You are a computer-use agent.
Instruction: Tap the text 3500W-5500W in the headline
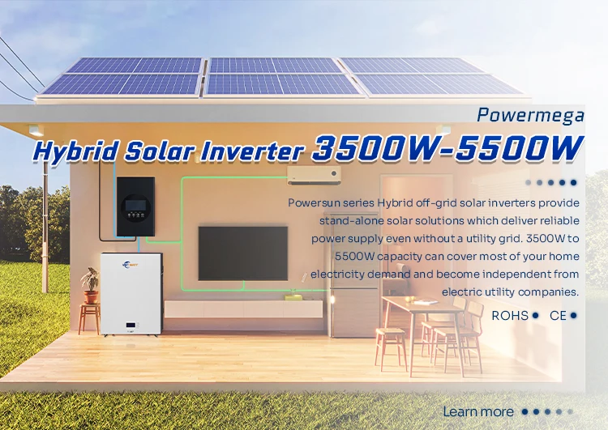pyautogui.click(x=447, y=148)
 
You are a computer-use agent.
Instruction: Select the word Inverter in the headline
pyautogui.click(x=261, y=151)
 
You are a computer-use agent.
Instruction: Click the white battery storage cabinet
pyautogui.click(x=131, y=292)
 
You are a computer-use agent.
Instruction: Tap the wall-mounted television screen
pyautogui.click(x=242, y=253)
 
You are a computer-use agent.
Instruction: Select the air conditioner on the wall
pyautogui.click(x=314, y=173)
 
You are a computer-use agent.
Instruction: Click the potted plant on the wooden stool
pyautogui.click(x=89, y=284)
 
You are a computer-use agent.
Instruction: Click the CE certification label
pyautogui.click(x=558, y=315)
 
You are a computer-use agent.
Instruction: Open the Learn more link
pyautogui.click(x=477, y=411)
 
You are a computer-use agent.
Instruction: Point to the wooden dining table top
pyautogui.click(x=417, y=302)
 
